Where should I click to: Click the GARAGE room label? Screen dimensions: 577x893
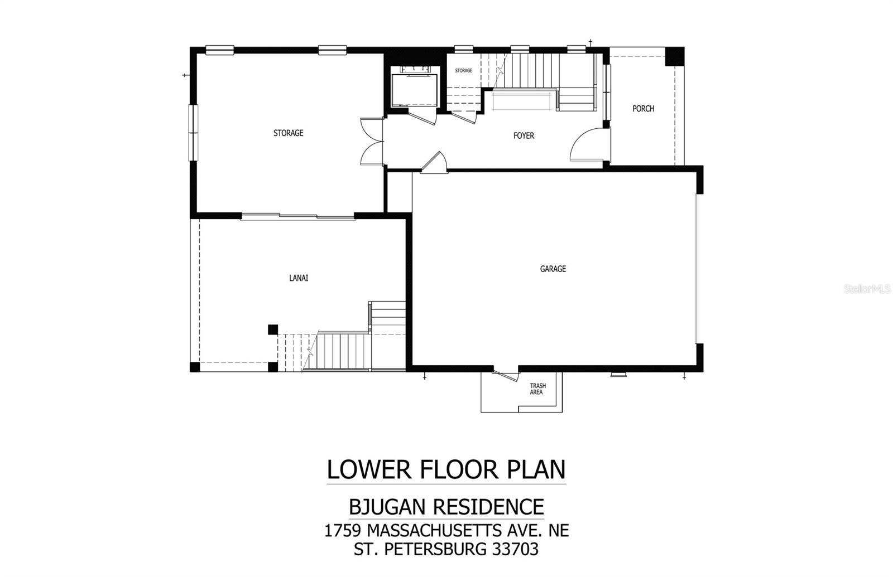(553, 269)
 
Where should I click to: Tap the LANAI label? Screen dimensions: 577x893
(299, 278)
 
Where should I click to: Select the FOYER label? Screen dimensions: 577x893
(524, 135)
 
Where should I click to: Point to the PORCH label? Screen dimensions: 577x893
(643, 109)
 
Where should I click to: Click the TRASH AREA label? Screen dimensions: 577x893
(537, 389)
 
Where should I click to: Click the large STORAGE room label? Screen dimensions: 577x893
(288, 133)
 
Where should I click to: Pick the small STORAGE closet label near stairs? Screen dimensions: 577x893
(463, 71)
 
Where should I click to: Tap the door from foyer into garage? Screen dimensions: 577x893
(435, 163)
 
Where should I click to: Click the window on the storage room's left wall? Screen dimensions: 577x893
(193, 133)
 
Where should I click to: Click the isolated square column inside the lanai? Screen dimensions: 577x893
(272, 329)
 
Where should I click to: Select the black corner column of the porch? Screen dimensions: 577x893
(676, 56)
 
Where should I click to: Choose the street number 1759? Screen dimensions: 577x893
(342, 530)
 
